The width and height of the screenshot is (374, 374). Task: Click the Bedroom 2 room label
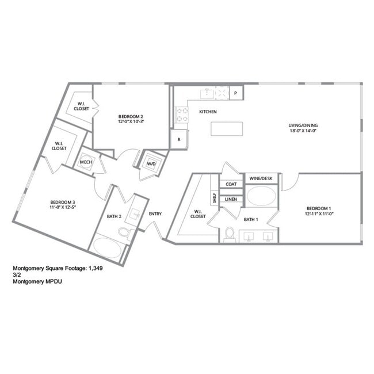(131, 116)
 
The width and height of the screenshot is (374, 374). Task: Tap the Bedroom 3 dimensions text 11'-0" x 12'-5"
(63, 208)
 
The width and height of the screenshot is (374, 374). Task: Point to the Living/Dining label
(303, 125)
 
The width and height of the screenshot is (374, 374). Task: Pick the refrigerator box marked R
(179, 139)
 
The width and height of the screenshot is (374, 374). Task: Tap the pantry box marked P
(236, 93)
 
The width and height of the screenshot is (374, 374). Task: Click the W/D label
(152, 163)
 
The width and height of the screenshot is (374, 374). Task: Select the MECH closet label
(86, 162)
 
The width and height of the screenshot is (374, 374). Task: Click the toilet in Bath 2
(125, 232)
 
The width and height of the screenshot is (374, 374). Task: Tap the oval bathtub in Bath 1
(261, 196)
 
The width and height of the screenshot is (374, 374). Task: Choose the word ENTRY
(155, 214)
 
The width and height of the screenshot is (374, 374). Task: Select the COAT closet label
(231, 184)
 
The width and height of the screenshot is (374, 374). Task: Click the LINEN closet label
(231, 199)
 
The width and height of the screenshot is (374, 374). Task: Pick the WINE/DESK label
(262, 179)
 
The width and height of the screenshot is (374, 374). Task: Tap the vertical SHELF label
(214, 199)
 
